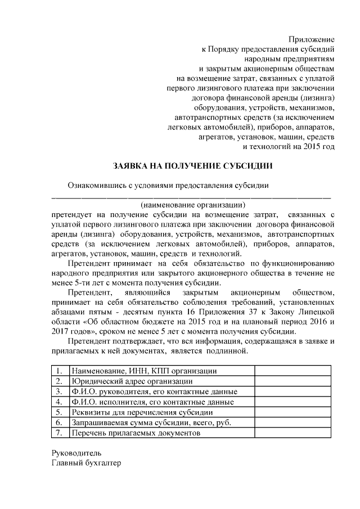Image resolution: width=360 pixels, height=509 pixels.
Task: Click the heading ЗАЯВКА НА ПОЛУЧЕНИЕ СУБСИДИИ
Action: (193, 166)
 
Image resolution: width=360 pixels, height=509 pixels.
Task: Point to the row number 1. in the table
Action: (59, 371)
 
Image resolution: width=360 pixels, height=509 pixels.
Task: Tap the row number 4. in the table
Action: (59, 402)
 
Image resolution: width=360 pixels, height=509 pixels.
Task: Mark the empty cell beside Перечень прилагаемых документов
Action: (292, 434)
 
